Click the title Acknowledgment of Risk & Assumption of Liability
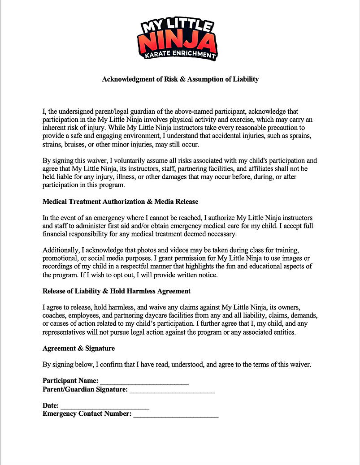180,79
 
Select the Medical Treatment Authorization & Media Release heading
120,202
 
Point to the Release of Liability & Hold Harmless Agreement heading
117,291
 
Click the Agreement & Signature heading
78,348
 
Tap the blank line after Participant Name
144,381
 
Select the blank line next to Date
105,406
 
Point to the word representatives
65,332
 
